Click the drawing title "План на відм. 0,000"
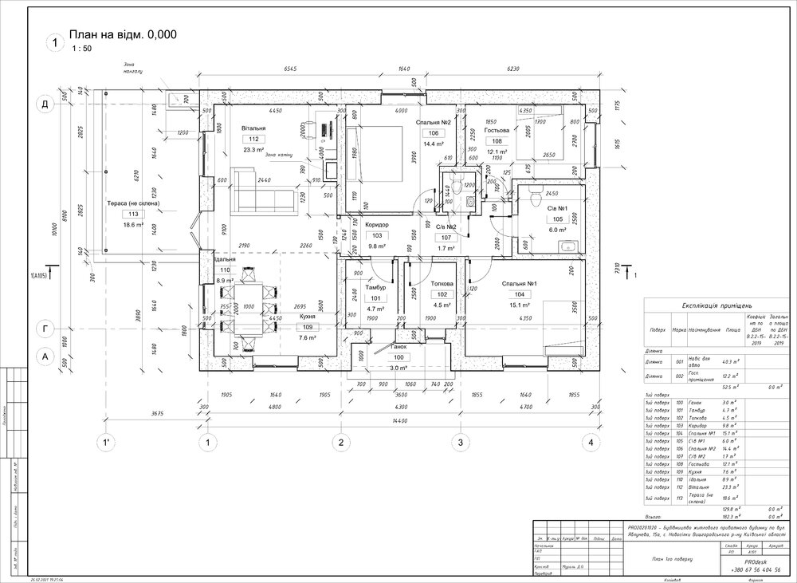tap(123, 34)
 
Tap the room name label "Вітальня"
tap(253, 128)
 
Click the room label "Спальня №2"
tap(434, 122)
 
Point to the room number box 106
tap(434, 133)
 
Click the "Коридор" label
tap(377, 225)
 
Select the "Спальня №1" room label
tap(520, 284)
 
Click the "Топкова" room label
tap(442, 284)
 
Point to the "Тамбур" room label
tap(375, 287)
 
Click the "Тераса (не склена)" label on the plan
tap(134, 204)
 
